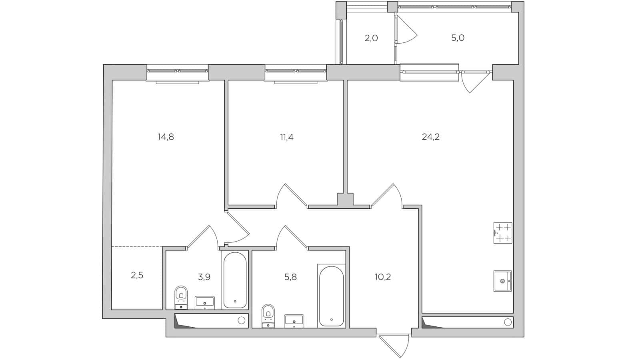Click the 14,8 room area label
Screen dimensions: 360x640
pyautogui.click(x=166, y=137)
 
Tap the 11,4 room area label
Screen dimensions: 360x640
pyautogui.click(x=287, y=137)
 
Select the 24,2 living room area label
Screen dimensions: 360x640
pyautogui.click(x=431, y=137)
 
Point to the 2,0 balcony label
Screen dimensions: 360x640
pyautogui.click(x=371, y=38)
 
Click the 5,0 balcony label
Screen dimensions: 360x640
pyautogui.click(x=458, y=38)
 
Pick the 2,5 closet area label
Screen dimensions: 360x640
pyautogui.click(x=137, y=275)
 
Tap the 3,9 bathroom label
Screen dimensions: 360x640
pyautogui.click(x=204, y=277)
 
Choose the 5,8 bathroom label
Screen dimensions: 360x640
pyautogui.click(x=290, y=277)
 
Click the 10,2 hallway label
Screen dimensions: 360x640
pyautogui.click(x=383, y=277)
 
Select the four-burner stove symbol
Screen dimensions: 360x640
pyautogui.click(x=503, y=233)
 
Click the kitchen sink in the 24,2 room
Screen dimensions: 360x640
pyautogui.click(x=502, y=281)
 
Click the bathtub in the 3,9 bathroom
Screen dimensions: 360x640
pyautogui.click(x=235, y=280)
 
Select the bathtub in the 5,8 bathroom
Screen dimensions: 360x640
pyautogui.click(x=331, y=296)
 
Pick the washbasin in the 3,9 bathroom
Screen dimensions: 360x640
pyautogui.click(x=204, y=302)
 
